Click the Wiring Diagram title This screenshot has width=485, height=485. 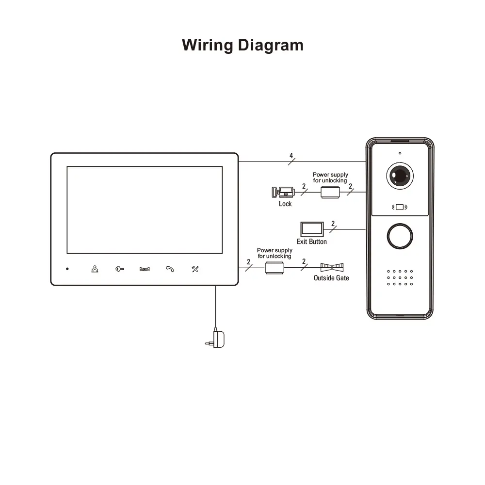242,45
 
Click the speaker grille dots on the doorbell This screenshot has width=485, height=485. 399,277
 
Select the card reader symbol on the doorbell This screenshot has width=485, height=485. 400,208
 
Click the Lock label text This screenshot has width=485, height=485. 285,204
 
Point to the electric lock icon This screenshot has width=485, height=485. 282,192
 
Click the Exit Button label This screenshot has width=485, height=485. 312,242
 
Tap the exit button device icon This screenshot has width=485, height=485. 311,229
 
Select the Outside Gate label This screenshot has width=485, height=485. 331,278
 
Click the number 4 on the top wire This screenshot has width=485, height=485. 291,156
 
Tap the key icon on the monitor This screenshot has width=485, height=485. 119,269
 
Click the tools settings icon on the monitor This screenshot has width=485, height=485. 195,269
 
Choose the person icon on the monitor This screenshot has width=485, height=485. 95,269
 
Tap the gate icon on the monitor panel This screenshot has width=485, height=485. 145,269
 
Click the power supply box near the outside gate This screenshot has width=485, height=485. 275,268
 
